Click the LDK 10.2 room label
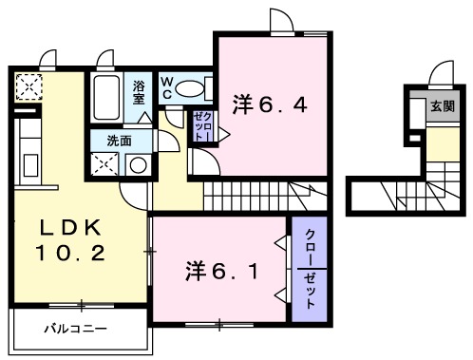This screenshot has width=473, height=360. [x=70, y=239]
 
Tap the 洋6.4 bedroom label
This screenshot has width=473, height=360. [x=270, y=104]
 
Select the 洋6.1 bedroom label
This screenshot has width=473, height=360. [x=221, y=272]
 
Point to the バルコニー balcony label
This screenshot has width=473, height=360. [x=75, y=329]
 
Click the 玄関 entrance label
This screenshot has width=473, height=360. [x=443, y=106]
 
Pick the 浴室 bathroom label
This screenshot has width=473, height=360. [x=139, y=92]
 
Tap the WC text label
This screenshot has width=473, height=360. [x=167, y=88]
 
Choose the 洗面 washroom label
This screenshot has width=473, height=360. [x=119, y=141]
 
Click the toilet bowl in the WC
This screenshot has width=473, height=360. [x=189, y=89]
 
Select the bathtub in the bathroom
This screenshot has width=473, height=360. [x=106, y=98]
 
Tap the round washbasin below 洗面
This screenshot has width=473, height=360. [x=139, y=165]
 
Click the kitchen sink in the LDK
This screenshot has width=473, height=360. [x=30, y=165]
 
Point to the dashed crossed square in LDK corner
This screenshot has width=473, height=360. [x=28, y=87]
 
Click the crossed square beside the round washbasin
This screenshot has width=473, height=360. [x=104, y=164]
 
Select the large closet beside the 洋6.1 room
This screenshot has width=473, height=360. [x=309, y=269]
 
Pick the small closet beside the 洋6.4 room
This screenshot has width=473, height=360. [x=203, y=126]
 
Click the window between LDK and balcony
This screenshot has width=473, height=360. [x=82, y=306]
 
